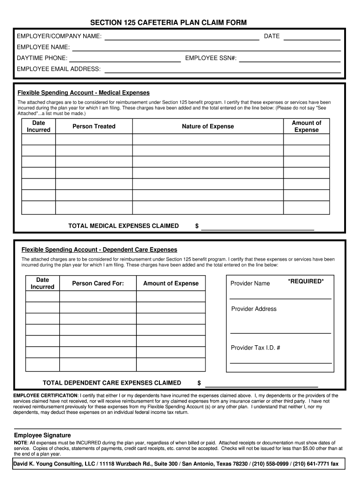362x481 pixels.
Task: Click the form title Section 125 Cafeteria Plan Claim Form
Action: [x=168, y=23]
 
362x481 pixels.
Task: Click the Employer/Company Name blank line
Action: [x=181, y=39]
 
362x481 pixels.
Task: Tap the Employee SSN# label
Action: [x=211, y=59]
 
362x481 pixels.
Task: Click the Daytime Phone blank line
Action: [x=125, y=60]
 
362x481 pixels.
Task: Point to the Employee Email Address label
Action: [x=59, y=69]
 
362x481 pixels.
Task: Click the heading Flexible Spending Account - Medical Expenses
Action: [x=83, y=93]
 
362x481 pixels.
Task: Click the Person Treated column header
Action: [x=94, y=126]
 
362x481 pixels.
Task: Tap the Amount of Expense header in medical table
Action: [x=306, y=126]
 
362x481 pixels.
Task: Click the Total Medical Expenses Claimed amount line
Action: [x=258, y=228]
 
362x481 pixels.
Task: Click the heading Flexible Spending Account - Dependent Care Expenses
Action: [x=99, y=249]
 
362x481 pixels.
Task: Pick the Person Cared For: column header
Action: [x=98, y=283]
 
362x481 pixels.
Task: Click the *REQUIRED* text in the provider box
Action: [x=306, y=281]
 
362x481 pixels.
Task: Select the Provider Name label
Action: [x=250, y=283]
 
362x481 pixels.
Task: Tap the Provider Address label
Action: [x=254, y=309]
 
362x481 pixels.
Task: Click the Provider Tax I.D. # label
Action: [x=256, y=348]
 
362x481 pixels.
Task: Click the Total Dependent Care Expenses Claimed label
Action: [x=112, y=383]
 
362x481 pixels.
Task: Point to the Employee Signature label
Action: [x=42, y=435]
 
